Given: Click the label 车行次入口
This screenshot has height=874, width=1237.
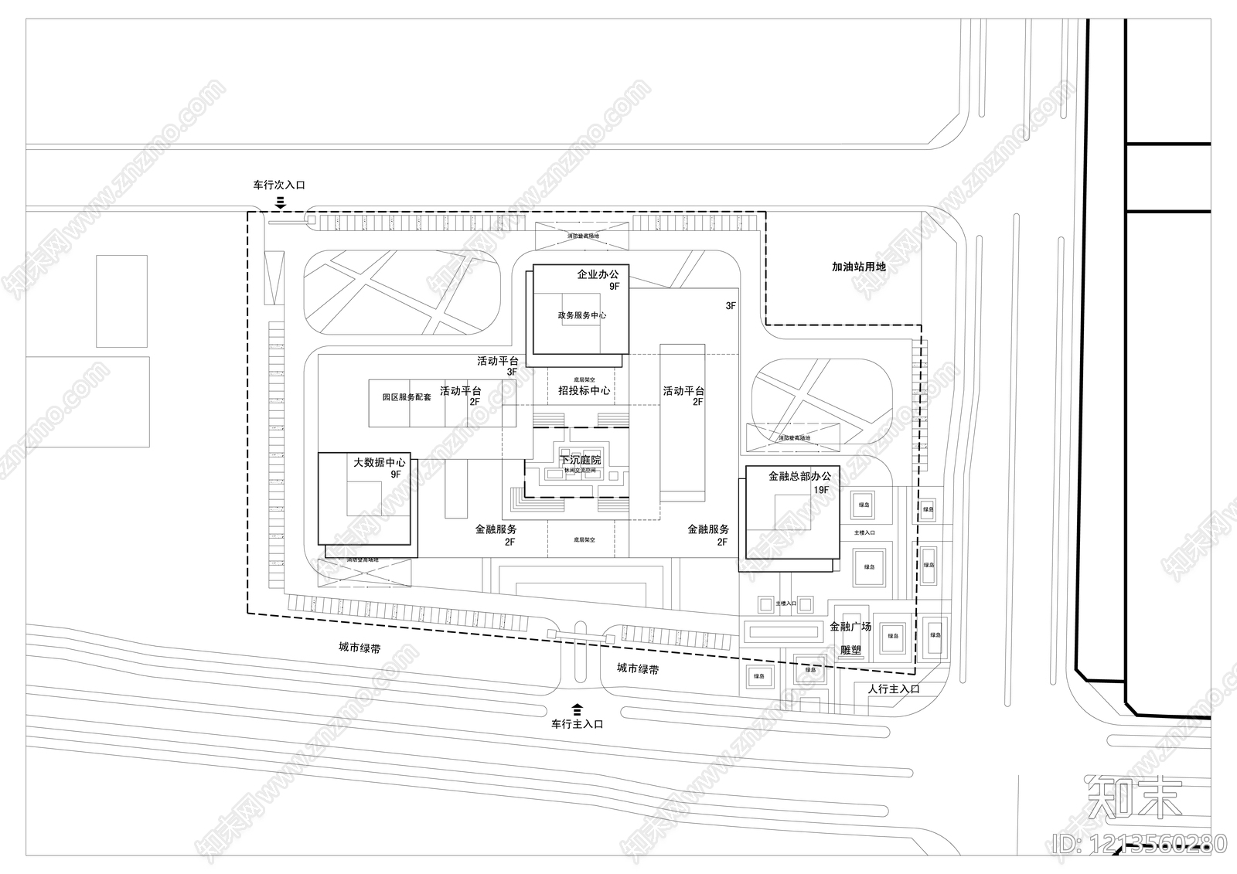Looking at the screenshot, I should (279, 185).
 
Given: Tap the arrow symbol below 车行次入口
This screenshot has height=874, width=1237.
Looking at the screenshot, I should (281, 202).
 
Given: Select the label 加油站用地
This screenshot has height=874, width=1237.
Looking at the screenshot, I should (858, 267).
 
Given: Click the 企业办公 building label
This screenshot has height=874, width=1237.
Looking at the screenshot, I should (598, 274).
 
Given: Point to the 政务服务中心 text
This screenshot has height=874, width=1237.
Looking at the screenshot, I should (581, 315).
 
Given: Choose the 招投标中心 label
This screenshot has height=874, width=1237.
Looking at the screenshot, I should (584, 391).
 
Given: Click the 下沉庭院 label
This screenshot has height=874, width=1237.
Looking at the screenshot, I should (580, 461).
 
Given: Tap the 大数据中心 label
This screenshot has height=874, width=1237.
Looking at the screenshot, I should (379, 463).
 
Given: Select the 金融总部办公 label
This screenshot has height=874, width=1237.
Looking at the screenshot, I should (799, 477).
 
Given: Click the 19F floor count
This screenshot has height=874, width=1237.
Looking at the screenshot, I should (820, 490).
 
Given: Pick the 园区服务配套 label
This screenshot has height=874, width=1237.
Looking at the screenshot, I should (407, 397).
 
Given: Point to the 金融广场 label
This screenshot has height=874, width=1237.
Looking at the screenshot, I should (850, 627).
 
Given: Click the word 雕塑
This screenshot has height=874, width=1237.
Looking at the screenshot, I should (850, 650).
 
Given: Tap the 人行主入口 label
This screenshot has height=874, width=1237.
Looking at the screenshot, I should (894, 689).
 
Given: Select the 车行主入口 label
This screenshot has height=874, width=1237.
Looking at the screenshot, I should (577, 725).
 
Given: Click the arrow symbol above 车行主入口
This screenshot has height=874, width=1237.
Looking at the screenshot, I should (577, 708).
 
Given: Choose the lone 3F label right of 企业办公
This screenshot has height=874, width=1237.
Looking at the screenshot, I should (730, 306).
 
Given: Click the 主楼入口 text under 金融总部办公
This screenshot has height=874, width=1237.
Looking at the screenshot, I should (864, 533).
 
